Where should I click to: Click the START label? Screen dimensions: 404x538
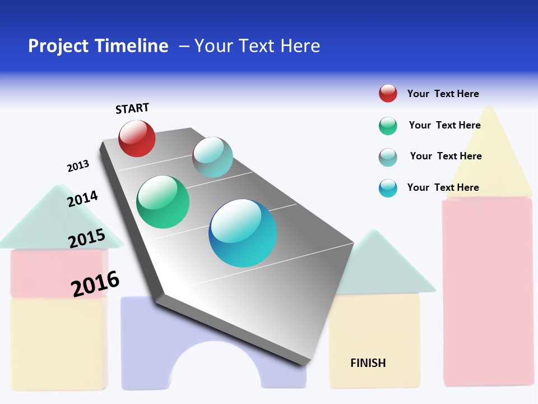coord(132,108)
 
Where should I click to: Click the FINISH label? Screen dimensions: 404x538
coord(368,363)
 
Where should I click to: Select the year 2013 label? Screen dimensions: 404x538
coord(78,166)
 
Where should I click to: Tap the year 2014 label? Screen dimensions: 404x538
coord(82,199)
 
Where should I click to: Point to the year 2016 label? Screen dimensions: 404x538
coord(95,284)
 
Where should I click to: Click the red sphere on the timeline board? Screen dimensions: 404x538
coord(137,139)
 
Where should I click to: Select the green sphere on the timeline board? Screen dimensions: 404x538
coord(163,202)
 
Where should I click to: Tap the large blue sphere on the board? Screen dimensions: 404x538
coord(243,233)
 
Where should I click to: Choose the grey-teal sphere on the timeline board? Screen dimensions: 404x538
coord(212,157)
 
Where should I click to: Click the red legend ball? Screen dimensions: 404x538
coord(388,94)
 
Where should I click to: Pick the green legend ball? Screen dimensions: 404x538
coord(388,126)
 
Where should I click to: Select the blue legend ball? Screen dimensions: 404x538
coord(388,188)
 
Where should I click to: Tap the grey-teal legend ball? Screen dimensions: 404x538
coord(388,157)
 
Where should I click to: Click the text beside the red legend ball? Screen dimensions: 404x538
coord(443,94)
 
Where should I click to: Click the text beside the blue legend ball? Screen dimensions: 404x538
coord(443,187)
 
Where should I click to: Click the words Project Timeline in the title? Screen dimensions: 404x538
coord(98,46)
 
